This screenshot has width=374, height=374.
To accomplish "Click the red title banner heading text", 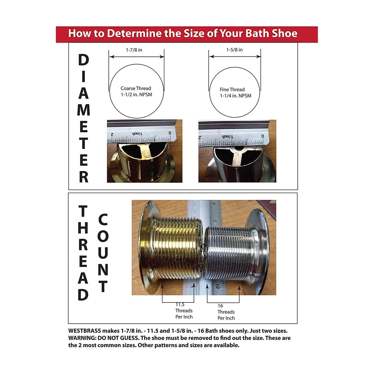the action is point(183,33).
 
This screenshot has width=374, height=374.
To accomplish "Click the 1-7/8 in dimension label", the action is point(134,50).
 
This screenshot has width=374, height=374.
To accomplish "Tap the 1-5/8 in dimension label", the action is point(234,50).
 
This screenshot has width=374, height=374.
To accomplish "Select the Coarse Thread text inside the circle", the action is point(136,89).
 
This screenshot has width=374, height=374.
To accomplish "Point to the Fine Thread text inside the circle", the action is point(232,90).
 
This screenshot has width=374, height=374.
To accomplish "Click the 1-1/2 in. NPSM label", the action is point(136,95).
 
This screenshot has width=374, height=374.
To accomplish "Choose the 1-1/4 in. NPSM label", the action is point(236,96).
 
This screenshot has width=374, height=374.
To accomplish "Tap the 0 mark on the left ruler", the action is point(170,133).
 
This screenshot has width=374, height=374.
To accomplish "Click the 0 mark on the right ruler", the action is point(263,136).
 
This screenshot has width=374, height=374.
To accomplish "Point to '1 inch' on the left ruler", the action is point(137,134).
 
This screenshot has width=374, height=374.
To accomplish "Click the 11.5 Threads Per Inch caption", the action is point(184,311).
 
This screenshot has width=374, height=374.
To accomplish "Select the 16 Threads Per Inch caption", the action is point(226,312).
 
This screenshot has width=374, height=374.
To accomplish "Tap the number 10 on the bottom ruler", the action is point(217,286).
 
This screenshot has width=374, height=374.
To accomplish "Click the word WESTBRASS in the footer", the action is point(85,331).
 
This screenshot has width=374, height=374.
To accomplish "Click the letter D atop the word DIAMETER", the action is point(84,60).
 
